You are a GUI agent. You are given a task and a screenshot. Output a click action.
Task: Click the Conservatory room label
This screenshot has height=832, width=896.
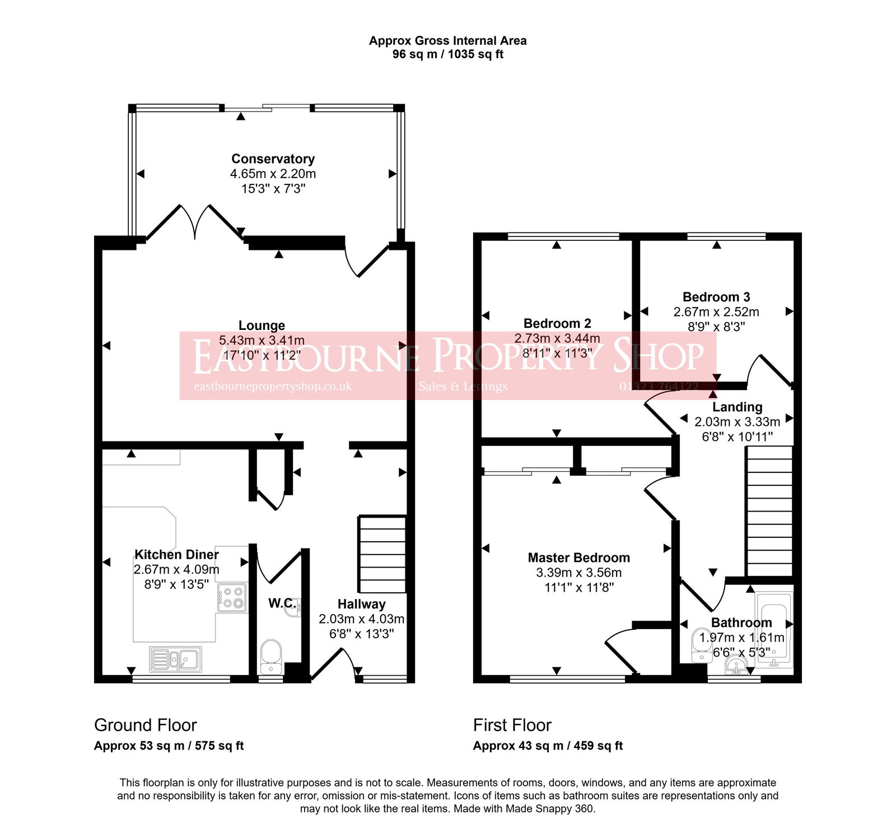(x=273, y=159)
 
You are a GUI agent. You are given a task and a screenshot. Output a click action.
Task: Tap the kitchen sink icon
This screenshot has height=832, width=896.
(x=175, y=659)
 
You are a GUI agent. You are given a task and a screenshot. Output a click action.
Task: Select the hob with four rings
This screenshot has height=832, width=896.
(x=232, y=597)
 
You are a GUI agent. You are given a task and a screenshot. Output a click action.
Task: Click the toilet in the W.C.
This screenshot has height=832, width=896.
(x=271, y=656)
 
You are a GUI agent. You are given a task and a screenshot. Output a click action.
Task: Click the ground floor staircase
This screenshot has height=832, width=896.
(x=382, y=554)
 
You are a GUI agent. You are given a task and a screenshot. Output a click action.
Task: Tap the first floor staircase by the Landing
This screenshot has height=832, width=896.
(x=769, y=511)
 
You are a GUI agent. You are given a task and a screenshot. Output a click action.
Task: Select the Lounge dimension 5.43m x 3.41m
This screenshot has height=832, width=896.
(x=262, y=340)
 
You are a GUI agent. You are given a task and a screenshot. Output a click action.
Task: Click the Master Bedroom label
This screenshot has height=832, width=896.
(x=578, y=557)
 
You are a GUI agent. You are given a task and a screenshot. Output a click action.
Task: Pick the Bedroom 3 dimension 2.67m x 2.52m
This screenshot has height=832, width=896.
(x=716, y=312)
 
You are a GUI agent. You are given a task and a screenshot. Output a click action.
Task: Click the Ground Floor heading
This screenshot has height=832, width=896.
(x=145, y=725)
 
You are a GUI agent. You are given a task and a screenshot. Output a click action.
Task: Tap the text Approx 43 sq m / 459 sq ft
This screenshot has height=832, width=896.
(x=547, y=746)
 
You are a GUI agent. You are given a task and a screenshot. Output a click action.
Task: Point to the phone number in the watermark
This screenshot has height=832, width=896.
(x=659, y=387)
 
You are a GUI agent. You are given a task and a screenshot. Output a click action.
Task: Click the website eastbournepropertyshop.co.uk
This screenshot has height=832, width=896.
(x=272, y=387)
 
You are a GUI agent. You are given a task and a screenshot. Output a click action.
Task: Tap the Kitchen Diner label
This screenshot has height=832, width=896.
(x=176, y=554)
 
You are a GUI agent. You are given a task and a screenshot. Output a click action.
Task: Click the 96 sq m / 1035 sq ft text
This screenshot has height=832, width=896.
(x=447, y=54)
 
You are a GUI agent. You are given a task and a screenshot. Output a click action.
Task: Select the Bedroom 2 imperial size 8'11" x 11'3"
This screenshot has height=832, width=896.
(x=557, y=353)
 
